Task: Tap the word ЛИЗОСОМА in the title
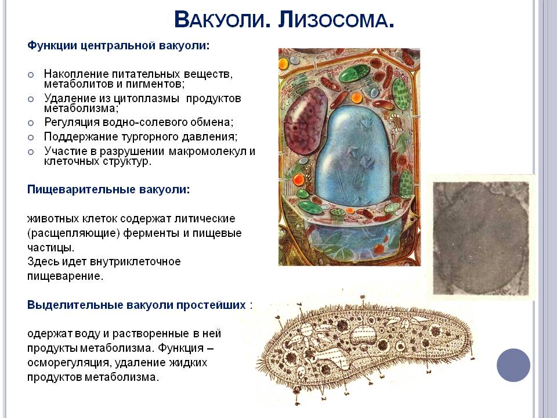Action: (336, 20)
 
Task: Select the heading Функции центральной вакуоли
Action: (118, 46)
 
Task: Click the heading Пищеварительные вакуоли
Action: (108, 189)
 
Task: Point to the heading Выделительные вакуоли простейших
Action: (137, 305)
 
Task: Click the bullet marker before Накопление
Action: (31, 75)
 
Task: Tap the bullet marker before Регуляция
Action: (31, 122)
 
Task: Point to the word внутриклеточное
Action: (135, 262)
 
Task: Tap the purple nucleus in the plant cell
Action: (306, 121)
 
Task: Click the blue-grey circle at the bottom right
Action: (513, 365)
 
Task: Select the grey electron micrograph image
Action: (481, 238)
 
